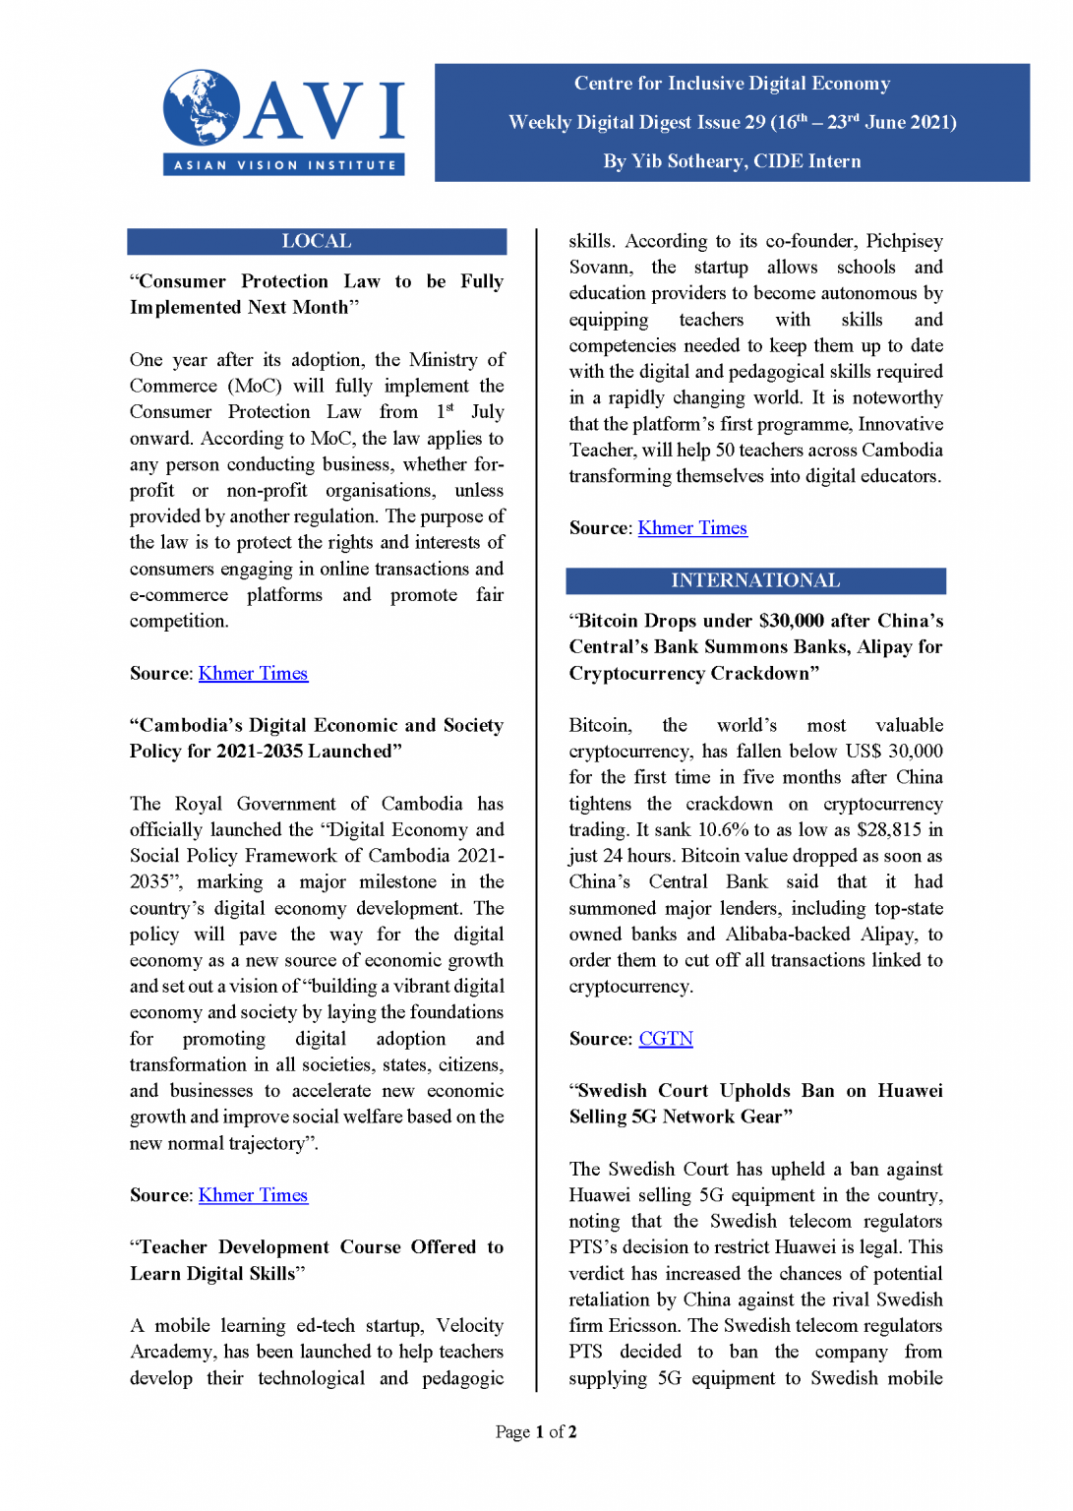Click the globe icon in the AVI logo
(x=202, y=107)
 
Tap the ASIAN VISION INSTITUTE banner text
(x=284, y=165)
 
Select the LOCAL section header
(x=316, y=241)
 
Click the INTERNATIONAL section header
(x=755, y=580)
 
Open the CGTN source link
(x=666, y=1039)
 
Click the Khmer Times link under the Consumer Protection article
(x=253, y=673)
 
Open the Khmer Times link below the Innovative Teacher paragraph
(x=692, y=528)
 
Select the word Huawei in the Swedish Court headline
(x=910, y=1091)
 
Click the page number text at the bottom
(x=536, y=1431)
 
